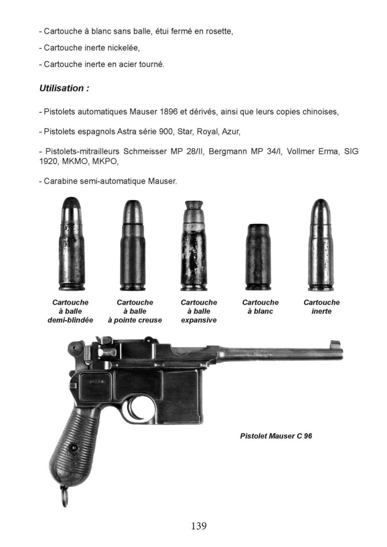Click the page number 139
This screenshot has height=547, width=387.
(199, 526)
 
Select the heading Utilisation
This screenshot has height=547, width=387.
(64, 88)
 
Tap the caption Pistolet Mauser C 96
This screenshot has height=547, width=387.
(276, 436)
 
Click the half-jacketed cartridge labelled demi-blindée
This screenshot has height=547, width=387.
(70, 245)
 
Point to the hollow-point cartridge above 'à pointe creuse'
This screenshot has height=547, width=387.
(134, 245)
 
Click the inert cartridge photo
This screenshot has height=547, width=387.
(321, 245)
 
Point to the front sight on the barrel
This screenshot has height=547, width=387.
(335, 346)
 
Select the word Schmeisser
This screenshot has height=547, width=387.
(142, 151)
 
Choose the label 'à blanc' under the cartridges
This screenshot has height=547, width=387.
(260, 312)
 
